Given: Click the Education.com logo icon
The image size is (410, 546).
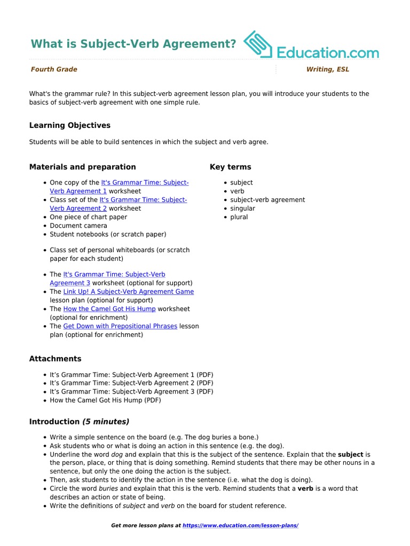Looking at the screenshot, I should (258, 45).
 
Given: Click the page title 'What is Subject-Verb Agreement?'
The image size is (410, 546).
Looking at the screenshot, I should (133, 44).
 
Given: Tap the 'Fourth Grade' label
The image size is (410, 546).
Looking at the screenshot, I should (54, 69).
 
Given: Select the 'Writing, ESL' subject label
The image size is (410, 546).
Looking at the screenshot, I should (328, 69).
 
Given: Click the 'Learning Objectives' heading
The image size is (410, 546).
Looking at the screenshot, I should (70, 125).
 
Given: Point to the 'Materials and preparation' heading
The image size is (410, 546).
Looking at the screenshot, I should (83, 167).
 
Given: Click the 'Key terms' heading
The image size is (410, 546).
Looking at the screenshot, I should (231, 167).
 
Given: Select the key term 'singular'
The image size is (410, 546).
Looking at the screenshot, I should (242, 208).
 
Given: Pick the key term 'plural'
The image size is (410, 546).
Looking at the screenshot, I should (239, 217).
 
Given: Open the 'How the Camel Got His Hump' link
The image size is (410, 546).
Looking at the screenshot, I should (109, 309).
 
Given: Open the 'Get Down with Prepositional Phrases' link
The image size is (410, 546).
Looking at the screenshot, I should (120, 326).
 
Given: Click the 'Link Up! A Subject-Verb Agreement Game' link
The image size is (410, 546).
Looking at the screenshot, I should (129, 292).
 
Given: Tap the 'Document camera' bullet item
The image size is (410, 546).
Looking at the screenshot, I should (78, 226).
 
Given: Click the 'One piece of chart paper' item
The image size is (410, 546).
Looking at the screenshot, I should (88, 217).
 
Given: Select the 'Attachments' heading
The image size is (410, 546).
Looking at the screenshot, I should (56, 359).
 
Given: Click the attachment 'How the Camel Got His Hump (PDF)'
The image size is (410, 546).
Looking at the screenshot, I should (105, 400).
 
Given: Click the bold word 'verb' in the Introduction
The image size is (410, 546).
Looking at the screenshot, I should (305, 488).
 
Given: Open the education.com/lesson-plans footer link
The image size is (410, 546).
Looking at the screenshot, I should (240, 526).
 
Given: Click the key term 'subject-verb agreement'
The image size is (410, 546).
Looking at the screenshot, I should (267, 200).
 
